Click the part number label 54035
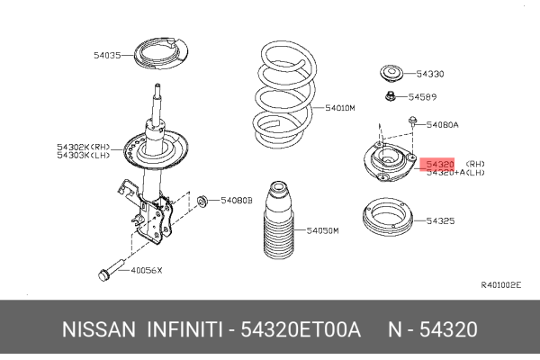point(106,56)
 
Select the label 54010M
point(341,108)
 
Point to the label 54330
point(429,74)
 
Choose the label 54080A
point(443,124)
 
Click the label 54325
point(440,220)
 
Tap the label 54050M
point(322,231)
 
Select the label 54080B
point(238,199)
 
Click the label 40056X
point(145,270)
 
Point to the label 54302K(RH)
point(83,146)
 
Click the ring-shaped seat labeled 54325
point(390,220)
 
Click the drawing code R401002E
point(500,285)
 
